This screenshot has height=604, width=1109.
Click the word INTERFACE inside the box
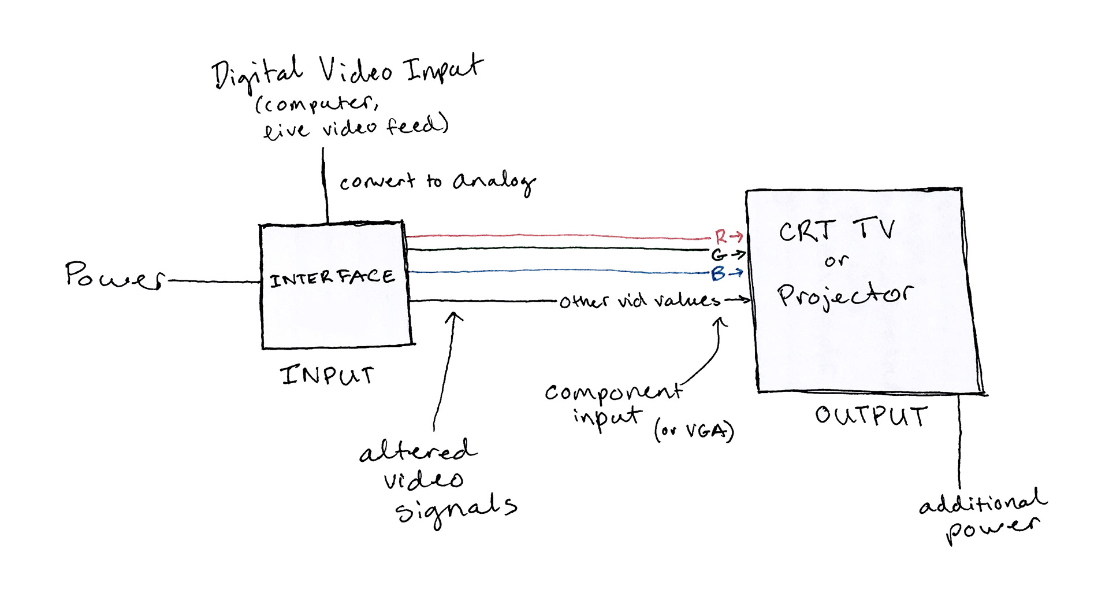(332, 279)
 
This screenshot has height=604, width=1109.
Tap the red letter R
(720, 236)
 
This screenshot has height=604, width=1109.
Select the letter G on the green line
(719, 255)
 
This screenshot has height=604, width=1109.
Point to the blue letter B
(718, 273)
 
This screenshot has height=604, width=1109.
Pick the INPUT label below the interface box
(327, 375)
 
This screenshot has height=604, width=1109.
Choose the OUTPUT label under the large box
(871, 416)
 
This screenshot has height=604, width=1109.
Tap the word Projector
(844, 295)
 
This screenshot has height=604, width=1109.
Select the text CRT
(807, 231)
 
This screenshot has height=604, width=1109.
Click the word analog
(494, 182)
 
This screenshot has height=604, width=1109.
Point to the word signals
(456, 509)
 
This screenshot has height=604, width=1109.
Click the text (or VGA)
(694, 431)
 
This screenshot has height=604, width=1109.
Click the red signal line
(554, 236)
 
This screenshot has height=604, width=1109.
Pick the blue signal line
(554, 270)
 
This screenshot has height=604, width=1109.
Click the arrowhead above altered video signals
(454, 316)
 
